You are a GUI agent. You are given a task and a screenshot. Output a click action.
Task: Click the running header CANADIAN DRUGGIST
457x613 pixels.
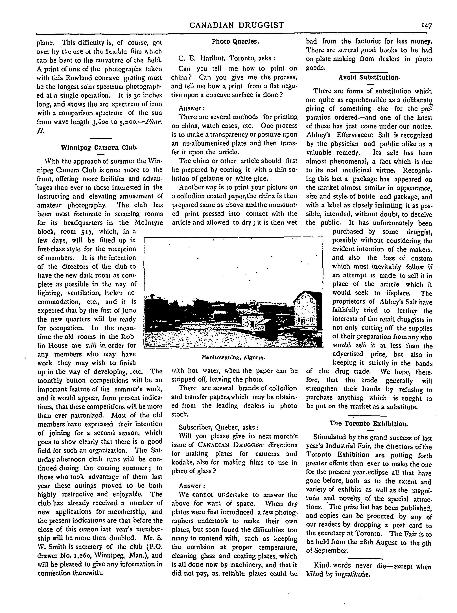click(x=237, y=25)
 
